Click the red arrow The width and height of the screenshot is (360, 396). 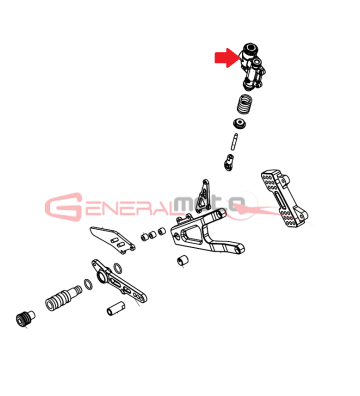coord(227,58)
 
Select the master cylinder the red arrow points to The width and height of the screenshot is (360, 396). coord(252,67)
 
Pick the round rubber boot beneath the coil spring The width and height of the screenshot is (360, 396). coord(240,123)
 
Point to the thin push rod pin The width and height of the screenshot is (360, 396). coord(234,142)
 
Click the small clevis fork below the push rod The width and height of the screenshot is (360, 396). coord(228,162)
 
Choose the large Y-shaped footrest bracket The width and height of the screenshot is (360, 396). coord(207,234)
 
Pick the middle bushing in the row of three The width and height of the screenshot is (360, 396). coord(153,234)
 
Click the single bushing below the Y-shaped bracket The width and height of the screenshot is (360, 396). coord(182,260)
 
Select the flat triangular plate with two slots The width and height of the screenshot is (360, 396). coord(112,240)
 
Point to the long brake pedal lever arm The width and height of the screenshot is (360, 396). coord(119,282)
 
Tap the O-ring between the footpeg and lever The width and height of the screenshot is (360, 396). coord(88,284)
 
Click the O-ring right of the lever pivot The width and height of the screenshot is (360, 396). coord(117,267)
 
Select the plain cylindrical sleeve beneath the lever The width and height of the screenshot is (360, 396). coord(116,308)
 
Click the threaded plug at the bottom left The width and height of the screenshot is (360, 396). coord(25,318)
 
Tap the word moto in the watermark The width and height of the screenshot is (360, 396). coord(209,204)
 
